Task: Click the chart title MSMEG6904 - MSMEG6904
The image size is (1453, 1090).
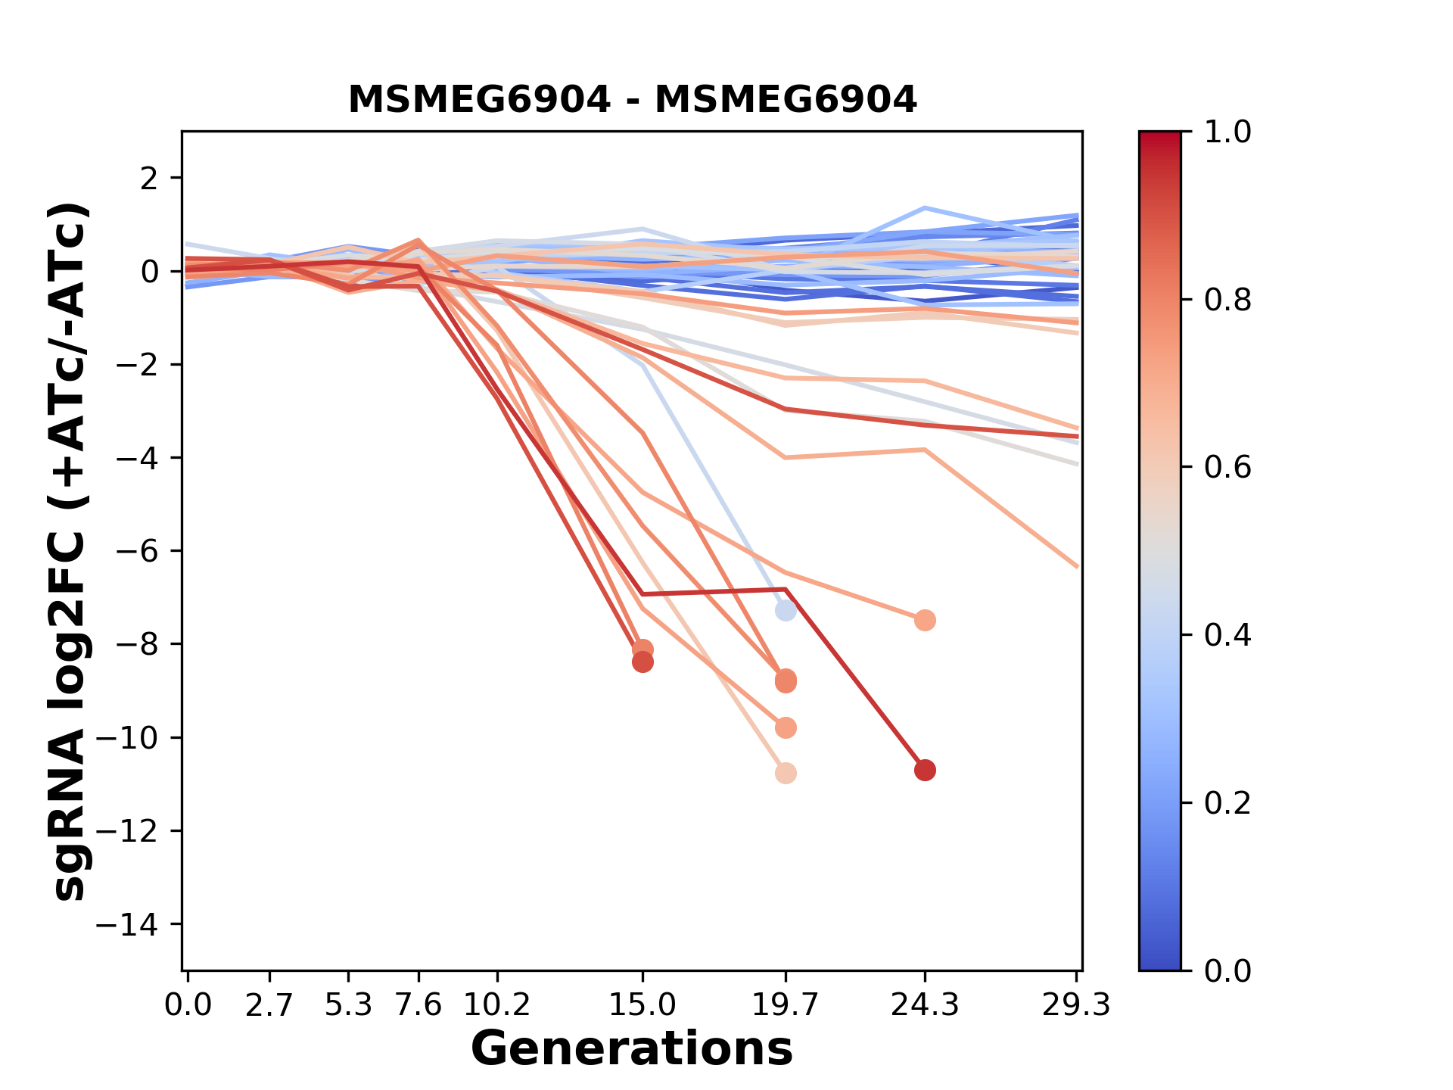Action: click(x=632, y=100)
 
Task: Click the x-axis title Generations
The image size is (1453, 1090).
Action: click(x=632, y=1049)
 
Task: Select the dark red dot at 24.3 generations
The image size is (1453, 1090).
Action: click(x=925, y=771)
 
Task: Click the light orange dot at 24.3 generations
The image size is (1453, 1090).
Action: click(x=925, y=621)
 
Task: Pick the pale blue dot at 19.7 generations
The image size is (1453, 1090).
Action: click(x=786, y=610)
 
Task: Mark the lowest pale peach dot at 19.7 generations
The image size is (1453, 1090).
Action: click(x=786, y=774)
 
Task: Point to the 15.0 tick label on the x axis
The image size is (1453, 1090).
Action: click(x=642, y=1005)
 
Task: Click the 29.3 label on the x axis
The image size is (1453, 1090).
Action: click(x=1076, y=1005)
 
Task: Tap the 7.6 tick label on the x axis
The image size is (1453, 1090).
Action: click(x=418, y=1005)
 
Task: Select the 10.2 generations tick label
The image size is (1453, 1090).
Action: click(x=496, y=1005)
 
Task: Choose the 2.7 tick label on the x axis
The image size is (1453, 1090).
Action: click(x=269, y=1005)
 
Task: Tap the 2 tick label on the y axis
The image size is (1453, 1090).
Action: click(x=150, y=179)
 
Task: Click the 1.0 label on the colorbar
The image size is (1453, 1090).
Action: click(x=1227, y=132)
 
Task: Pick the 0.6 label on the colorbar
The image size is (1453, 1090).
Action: click(x=1227, y=468)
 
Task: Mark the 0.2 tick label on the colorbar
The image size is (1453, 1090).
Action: click(x=1227, y=803)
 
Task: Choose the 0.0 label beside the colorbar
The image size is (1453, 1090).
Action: click(x=1227, y=970)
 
